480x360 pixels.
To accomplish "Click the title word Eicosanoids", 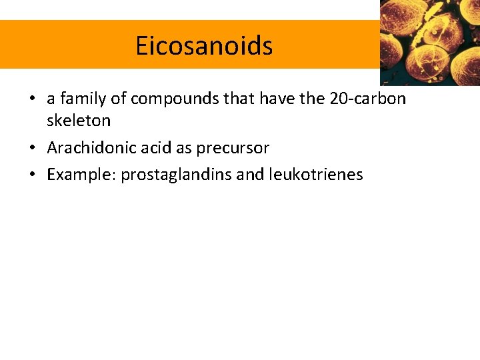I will [x=204, y=46].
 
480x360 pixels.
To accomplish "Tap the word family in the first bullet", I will [x=79, y=99].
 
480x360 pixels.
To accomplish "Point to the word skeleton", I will [x=79, y=121].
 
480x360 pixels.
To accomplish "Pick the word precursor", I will [x=233, y=147].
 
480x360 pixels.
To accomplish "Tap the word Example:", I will [x=81, y=175].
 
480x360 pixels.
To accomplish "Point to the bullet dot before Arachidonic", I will [x=32, y=148].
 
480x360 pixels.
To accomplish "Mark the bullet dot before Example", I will [x=32, y=175].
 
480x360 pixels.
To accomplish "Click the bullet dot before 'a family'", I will [x=32, y=99].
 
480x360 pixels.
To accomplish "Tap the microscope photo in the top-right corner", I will [x=430, y=41].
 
